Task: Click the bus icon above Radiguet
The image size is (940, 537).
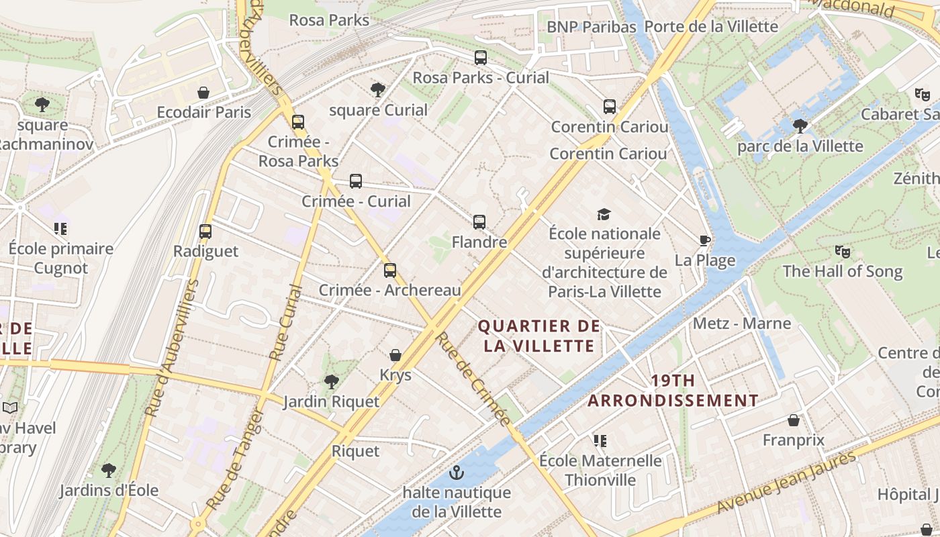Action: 205,232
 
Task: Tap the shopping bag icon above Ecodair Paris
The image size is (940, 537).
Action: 203,93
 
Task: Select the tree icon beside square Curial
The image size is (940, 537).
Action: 378,89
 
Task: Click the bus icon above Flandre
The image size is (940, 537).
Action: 479,222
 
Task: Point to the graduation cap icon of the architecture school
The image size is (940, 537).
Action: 604,214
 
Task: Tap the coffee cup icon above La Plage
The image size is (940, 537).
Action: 704,240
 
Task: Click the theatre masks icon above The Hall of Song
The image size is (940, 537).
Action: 842,252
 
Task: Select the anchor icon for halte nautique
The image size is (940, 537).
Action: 457,473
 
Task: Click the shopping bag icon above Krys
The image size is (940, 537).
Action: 395,355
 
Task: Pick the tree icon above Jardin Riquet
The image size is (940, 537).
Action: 331,382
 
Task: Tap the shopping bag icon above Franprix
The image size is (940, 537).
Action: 794,421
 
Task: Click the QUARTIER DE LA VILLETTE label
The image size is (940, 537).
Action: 538,336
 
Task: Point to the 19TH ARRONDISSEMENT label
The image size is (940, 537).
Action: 673,391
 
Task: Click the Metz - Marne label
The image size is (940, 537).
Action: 742,324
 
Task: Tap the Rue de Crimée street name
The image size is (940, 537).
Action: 473,379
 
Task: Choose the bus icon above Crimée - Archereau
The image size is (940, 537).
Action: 390,271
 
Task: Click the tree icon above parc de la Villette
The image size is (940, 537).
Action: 800,126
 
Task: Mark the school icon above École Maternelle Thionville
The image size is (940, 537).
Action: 600,441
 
